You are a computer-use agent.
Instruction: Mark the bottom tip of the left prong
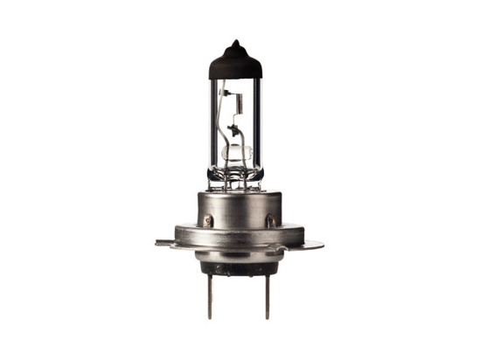[x=209, y=316]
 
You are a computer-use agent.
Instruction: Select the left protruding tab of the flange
[x=163, y=242]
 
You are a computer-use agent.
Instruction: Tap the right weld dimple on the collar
[x=270, y=219]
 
